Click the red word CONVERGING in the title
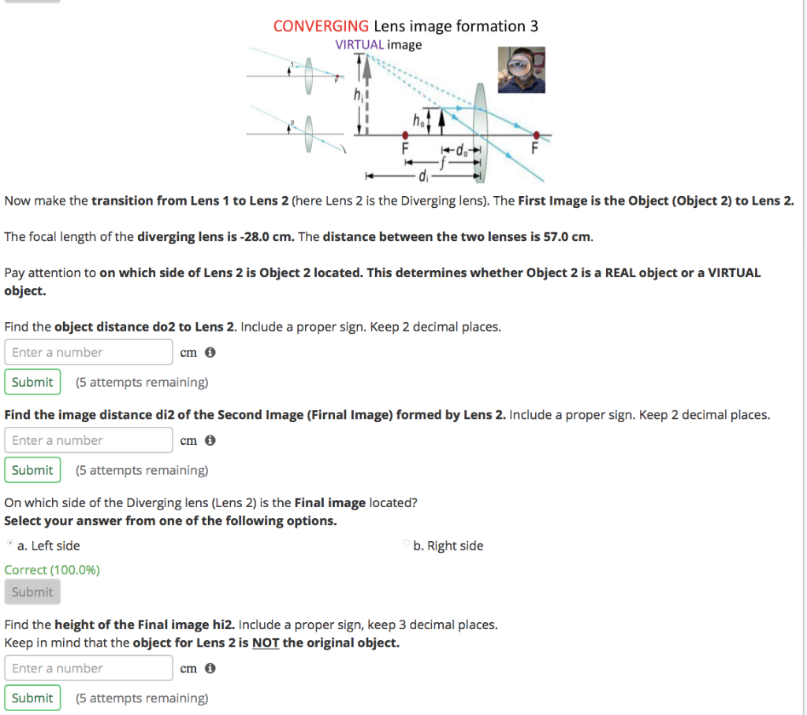point(321,26)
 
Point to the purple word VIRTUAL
point(359,45)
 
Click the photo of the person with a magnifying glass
point(522,70)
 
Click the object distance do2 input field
point(88,352)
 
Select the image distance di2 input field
point(88,440)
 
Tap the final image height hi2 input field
point(88,668)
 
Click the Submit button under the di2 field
point(32,470)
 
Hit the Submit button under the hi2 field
point(32,698)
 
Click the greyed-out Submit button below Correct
point(32,592)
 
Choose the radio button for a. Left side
point(9,545)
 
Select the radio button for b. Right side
point(406,545)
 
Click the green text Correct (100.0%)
point(52,570)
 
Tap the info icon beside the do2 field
point(210,353)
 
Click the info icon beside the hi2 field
point(210,669)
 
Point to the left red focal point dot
point(406,135)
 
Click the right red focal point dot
point(537,135)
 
